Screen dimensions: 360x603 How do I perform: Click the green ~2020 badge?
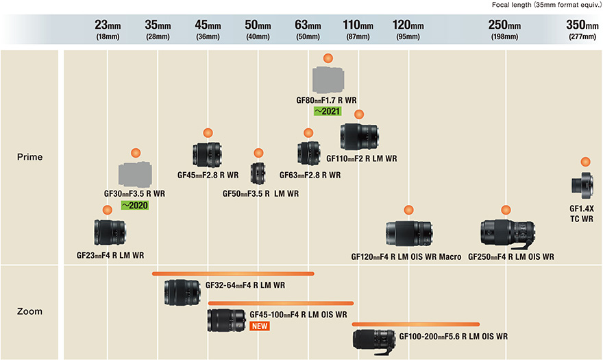click(134, 205)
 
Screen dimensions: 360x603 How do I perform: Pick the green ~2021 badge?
click(328, 110)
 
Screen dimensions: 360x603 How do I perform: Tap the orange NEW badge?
click(260, 326)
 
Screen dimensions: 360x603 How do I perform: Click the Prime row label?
click(29, 157)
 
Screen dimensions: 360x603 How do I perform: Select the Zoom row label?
click(29, 311)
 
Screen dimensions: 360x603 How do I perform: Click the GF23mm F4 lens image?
click(110, 232)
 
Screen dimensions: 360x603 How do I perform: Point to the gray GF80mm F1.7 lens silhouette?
click(328, 80)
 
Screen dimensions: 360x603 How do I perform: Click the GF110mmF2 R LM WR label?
click(362, 159)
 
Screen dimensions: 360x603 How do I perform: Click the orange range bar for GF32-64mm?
click(233, 274)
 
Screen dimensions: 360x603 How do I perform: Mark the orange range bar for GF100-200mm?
click(415, 324)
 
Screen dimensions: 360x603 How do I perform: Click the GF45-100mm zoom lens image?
click(226, 320)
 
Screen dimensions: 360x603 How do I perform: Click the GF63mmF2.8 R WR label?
click(310, 176)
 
